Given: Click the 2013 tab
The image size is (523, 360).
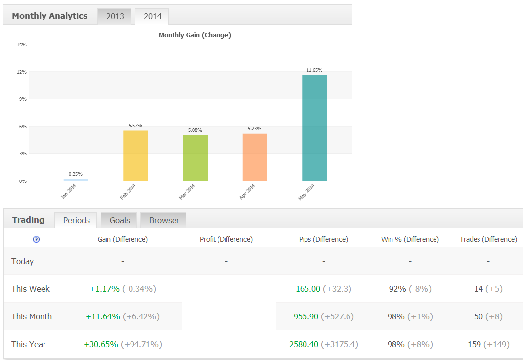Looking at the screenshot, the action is click(114, 16).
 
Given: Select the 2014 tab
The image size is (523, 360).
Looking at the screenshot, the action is click(152, 16).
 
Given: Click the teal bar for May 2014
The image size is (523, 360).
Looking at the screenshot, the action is click(314, 128).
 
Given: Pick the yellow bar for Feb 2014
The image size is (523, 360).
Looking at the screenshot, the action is click(135, 156).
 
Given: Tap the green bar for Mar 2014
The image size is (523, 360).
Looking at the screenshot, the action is click(195, 158).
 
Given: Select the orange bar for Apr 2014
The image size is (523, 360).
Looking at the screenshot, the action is click(255, 157).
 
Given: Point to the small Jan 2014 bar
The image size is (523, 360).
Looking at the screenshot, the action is click(76, 180).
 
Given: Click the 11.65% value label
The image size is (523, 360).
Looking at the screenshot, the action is click(314, 70).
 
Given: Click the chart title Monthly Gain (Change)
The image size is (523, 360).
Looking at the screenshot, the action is click(195, 35).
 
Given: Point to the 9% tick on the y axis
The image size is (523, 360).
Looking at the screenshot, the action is click(23, 99).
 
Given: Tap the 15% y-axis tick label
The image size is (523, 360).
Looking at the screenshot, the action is click(22, 45).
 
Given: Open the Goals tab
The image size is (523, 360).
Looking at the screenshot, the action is click(120, 220).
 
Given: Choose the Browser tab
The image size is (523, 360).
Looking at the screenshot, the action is click(164, 220).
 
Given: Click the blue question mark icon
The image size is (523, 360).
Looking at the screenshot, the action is click(36, 239).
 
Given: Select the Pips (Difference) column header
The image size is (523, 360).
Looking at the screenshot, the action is click(323, 239).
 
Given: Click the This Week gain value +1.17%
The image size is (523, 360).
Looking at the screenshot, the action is click(104, 289).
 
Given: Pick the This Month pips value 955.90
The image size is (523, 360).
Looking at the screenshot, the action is click(306, 316).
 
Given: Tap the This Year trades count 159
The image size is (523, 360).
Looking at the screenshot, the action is click(474, 344).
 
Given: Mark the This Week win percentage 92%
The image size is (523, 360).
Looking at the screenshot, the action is click(397, 289).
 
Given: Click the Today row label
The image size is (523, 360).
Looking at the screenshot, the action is click(22, 261).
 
